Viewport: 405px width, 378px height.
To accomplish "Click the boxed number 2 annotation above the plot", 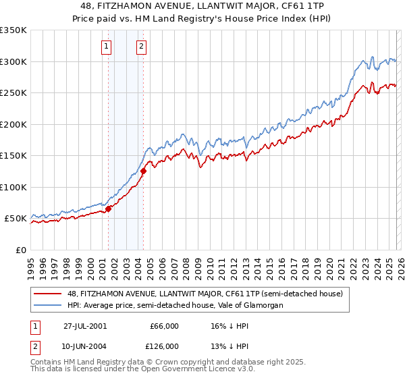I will [x=141, y=47].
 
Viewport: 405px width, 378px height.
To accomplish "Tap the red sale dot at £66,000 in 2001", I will [x=109, y=209].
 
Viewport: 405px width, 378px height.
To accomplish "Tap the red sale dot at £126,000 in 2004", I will [x=143, y=171].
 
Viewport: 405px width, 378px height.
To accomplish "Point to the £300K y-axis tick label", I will [x=13, y=61].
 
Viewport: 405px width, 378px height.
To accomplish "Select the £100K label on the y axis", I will [x=13, y=187].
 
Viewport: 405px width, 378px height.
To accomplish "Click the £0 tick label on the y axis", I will [x=21, y=250].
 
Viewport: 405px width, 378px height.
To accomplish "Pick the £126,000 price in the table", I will [x=165, y=346].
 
